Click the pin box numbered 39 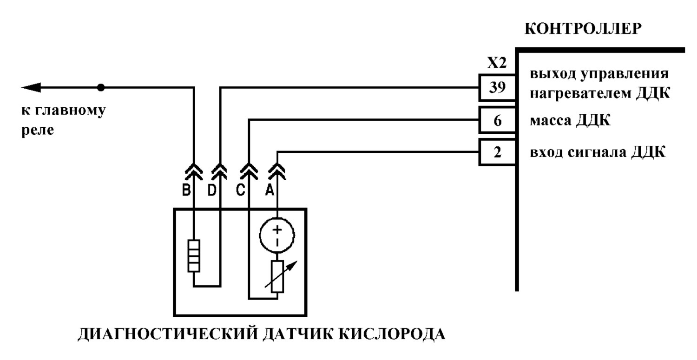[497, 87]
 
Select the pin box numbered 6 [497, 120]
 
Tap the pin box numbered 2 [497, 152]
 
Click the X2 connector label [497, 63]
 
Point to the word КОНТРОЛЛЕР [583, 29]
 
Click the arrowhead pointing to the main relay [31, 87]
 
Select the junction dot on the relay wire [101, 87]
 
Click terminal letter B [186, 190]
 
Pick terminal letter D [212, 190]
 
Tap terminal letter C [241, 190]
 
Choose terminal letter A [270, 190]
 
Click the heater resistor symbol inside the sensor [194, 256]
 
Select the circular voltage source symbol [277, 235]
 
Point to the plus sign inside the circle [277, 229]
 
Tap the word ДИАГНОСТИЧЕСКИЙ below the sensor [168, 334]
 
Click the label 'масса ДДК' [570, 120]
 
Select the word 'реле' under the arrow [37, 131]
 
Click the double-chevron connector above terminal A [277, 171]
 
